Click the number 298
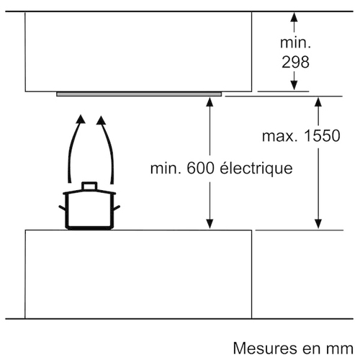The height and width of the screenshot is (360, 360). click(x=295, y=62)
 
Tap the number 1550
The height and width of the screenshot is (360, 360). click(x=322, y=135)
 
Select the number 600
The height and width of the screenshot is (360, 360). click(x=200, y=168)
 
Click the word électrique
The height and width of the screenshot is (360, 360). click(x=256, y=168)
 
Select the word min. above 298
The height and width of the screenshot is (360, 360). click(x=295, y=42)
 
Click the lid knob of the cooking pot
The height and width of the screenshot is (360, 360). click(x=89, y=186)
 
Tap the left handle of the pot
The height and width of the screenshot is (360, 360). click(x=62, y=208)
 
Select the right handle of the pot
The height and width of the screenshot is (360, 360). click(x=117, y=208)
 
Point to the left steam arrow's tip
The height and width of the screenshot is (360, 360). click(x=81, y=115)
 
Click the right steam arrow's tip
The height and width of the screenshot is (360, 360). click(x=101, y=116)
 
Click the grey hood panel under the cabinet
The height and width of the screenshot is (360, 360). click(x=139, y=94)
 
